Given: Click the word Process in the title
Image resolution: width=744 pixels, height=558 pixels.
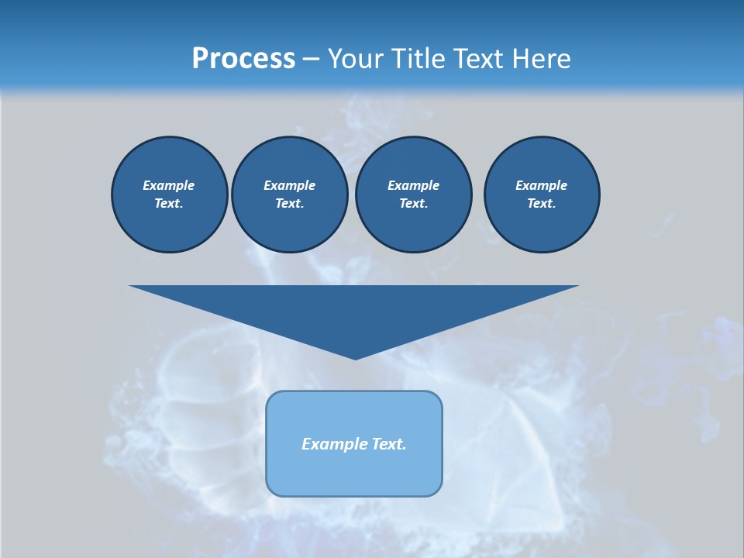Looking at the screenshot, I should pos(243,59).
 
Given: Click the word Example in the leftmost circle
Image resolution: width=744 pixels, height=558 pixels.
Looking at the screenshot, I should pos(169,185).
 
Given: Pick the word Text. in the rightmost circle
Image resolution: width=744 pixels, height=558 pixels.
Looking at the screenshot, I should pos(542,203).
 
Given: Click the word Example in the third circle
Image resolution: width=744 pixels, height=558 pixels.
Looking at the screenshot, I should pos(413,185).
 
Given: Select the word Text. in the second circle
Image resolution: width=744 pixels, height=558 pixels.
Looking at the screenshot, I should pos(289,203).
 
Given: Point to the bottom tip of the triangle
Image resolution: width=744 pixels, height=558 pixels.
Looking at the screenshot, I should pos(355,357).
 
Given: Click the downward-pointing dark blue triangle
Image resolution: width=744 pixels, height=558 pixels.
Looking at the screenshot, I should pos(354,310).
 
